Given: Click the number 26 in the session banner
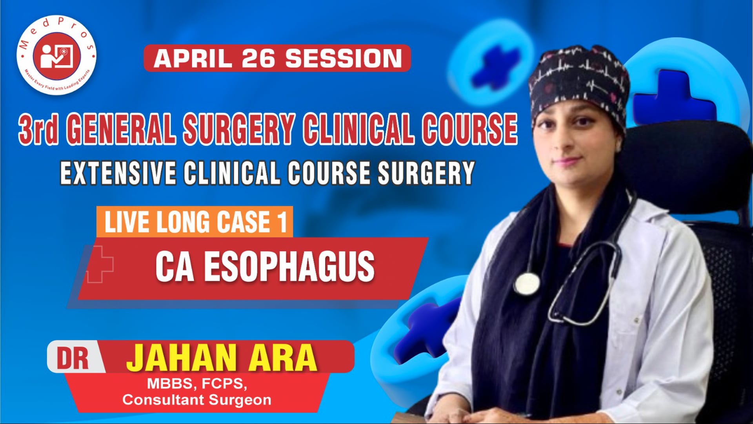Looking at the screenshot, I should coord(259,58).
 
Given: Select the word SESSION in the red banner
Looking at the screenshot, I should coord(344,58).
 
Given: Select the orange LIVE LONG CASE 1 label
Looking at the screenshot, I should coord(195,222).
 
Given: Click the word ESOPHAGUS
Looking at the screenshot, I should coord(289,267).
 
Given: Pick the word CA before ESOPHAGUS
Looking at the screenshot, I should coord(175,267).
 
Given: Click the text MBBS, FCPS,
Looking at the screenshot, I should coord(197,384).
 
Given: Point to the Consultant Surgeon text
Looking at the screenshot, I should coord(197,400).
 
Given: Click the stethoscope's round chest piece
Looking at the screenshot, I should coord(527,283).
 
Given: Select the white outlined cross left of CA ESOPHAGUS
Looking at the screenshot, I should coord(100,264).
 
